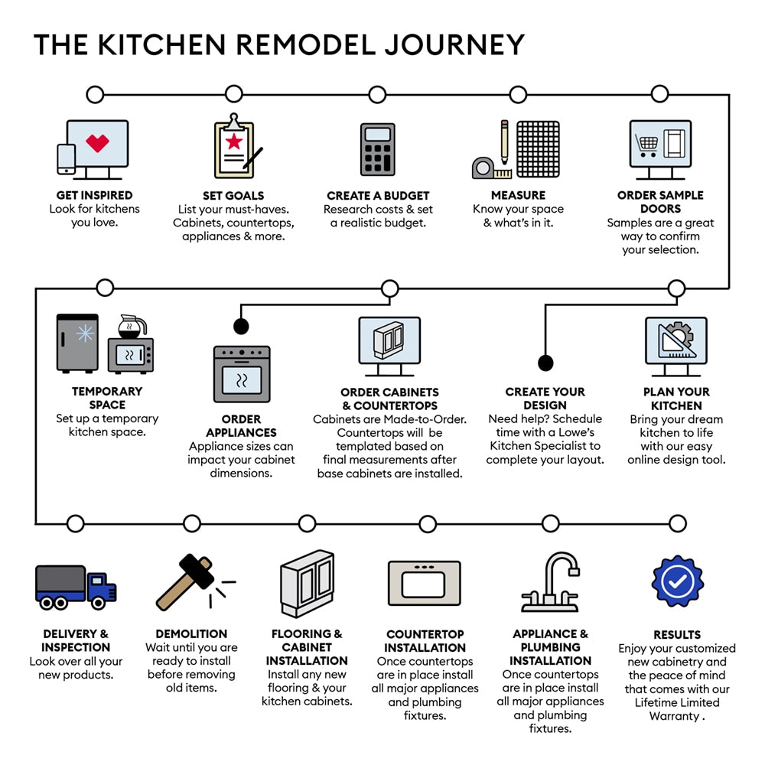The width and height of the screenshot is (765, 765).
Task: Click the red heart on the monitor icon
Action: [x=97, y=142]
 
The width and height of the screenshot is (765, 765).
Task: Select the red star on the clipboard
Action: [x=234, y=142]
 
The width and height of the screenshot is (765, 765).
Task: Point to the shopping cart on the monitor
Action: [x=646, y=143]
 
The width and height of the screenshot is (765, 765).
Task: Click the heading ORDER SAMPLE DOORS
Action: [x=660, y=202]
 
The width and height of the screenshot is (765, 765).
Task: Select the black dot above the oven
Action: [x=241, y=327]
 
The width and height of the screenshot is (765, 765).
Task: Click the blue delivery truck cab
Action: [x=101, y=588]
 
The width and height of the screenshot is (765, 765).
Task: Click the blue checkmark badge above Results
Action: [x=677, y=582]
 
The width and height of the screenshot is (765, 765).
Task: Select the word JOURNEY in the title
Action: [x=454, y=44]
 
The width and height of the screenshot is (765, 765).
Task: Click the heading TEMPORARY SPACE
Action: [x=107, y=398]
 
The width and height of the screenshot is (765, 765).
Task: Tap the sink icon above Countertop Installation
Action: [x=424, y=583]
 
